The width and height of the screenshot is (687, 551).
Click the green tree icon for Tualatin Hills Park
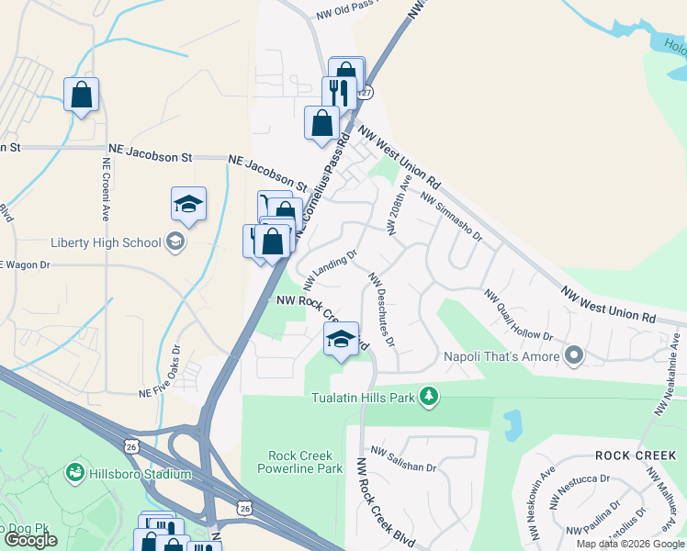pos(428,396)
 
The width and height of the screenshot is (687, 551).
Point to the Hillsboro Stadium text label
pos(140,474)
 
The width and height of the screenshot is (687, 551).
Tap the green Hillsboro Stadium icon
pos(74,474)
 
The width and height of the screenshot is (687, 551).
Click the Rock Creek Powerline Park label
pos(305,462)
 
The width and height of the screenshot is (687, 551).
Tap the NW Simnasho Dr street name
pos(451,216)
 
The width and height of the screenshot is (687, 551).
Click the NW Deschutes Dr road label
pos(380,309)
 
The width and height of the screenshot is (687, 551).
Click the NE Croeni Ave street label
pos(106,188)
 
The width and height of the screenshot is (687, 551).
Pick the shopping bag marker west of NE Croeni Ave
pos(81,95)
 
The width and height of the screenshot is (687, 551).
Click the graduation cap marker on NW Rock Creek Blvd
pos(341,339)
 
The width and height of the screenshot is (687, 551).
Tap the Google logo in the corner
pos(30,540)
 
